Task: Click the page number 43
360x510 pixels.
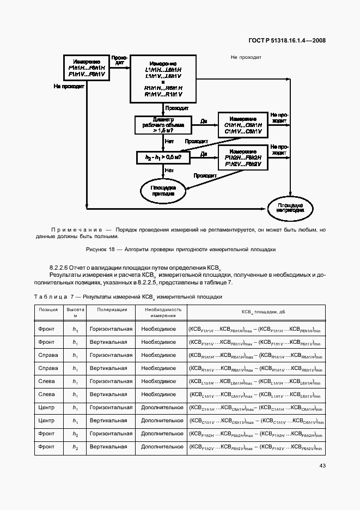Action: coord(321,465)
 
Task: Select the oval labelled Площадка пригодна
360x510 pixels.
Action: coord(163,190)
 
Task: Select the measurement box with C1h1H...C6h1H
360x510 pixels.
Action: coord(243,125)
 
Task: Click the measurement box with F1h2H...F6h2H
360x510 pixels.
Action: coord(243,157)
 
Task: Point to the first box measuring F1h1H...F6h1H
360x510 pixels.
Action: coord(87,68)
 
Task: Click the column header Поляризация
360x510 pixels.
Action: coord(112,310)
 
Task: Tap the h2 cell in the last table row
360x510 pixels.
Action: coord(76,447)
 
